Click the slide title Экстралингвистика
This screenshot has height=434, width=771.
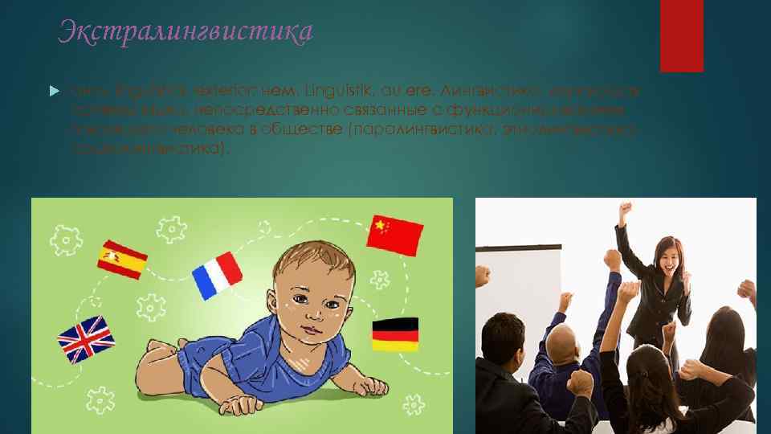(x=186, y=33)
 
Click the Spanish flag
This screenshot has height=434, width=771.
(x=122, y=260)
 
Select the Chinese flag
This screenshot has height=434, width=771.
(x=394, y=233)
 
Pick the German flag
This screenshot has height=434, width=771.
(x=394, y=334)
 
